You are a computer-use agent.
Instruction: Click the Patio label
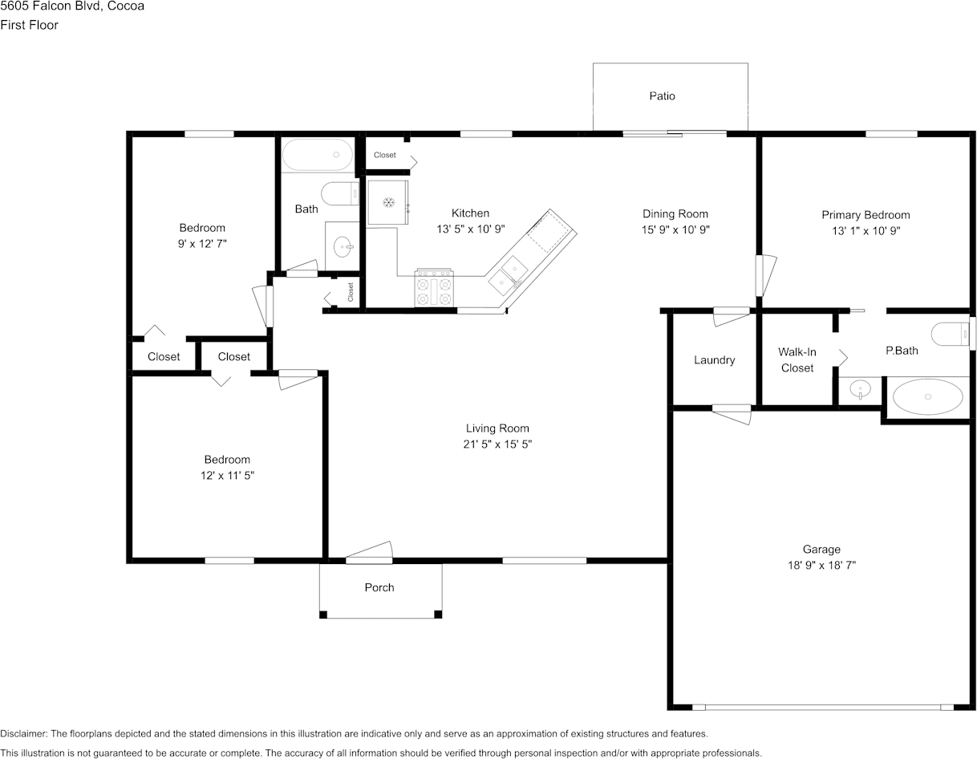(662, 95)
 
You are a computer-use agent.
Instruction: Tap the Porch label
(379, 587)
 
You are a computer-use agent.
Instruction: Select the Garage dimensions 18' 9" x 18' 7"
(821, 565)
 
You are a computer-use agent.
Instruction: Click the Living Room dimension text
(497, 444)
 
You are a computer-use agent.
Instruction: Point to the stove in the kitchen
(434, 287)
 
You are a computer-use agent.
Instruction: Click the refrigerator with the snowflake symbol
(388, 202)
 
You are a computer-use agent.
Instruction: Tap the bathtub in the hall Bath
(318, 155)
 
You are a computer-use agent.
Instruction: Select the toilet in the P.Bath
(950, 334)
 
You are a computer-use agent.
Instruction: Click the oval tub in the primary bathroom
(927, 396)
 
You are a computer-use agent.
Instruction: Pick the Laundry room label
(714, 359)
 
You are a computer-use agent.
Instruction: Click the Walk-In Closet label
(797, 359)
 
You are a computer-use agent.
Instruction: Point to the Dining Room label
(675, 213)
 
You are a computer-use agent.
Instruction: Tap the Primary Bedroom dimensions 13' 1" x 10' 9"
(866, 230)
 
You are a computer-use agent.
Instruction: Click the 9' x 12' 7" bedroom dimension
(202, 244)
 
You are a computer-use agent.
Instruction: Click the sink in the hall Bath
(343, 246)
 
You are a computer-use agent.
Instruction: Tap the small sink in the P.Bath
(860, 388)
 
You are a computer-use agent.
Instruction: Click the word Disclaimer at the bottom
(24, 733)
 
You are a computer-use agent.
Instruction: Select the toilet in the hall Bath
(340, 193)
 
